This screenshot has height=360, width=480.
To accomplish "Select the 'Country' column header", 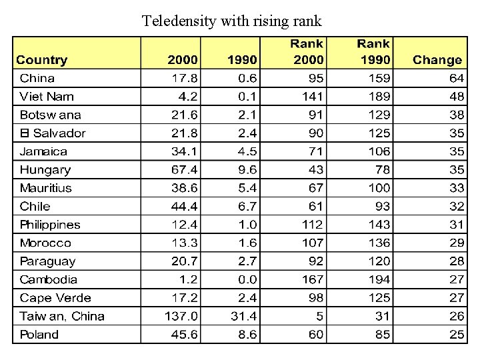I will [x=42, y=60].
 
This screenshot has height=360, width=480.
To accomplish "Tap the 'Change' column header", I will [x=437, y=60].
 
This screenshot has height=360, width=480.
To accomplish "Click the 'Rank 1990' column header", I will [x=373, y=52].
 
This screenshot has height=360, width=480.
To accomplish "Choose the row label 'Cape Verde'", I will [x=55, y=298].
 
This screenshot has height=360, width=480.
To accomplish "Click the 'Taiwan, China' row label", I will [x=62, y=316].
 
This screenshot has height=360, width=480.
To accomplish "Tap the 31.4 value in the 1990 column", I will [x=243, y=316].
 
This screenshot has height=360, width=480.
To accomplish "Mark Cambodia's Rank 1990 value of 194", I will [x=379, y=279].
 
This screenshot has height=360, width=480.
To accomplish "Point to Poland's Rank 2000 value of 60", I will [x=315, y=335].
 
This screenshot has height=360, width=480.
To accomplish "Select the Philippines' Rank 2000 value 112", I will [x=311, y=225].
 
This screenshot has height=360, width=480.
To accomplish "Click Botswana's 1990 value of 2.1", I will [x=247, y=115].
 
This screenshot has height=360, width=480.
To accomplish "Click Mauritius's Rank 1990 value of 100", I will [x=379, y=188].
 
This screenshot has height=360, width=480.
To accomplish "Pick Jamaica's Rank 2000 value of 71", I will [x=315, y=151].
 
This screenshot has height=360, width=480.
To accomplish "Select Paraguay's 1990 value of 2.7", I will [x=247, y=261].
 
